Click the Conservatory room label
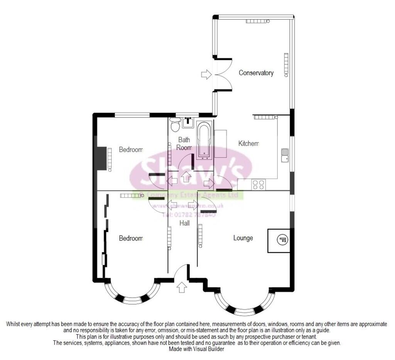pyautogui.click(x=256, y=73)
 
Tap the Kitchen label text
pyautogui.click(x=248, y=143)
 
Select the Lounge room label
pyautogui.click(x=243, y=238)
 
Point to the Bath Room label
pyautogui.click(x=184, y=143)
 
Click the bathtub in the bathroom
pyautogui.click(x=204, y=140)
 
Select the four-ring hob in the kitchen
pyautogui.click(x=258, y=185)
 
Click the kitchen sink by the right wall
pyautogui.click(x=285, y=155)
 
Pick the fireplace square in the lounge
pyautogui.click(x=279, y=241)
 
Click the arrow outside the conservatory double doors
pyautogui.click(x=206, y=74)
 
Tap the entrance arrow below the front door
pyautogui.click(x=182, y=288)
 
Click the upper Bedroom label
pyautogui.click(x=131, y=150)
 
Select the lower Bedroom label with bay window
pyautogui.click(x=131, y=238)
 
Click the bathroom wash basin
pyautogui.click(x=188, y=121)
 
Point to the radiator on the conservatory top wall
pyautogui.click(x=256, y=21)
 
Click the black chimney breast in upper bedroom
pyautogui.click(x=101, y=158)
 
